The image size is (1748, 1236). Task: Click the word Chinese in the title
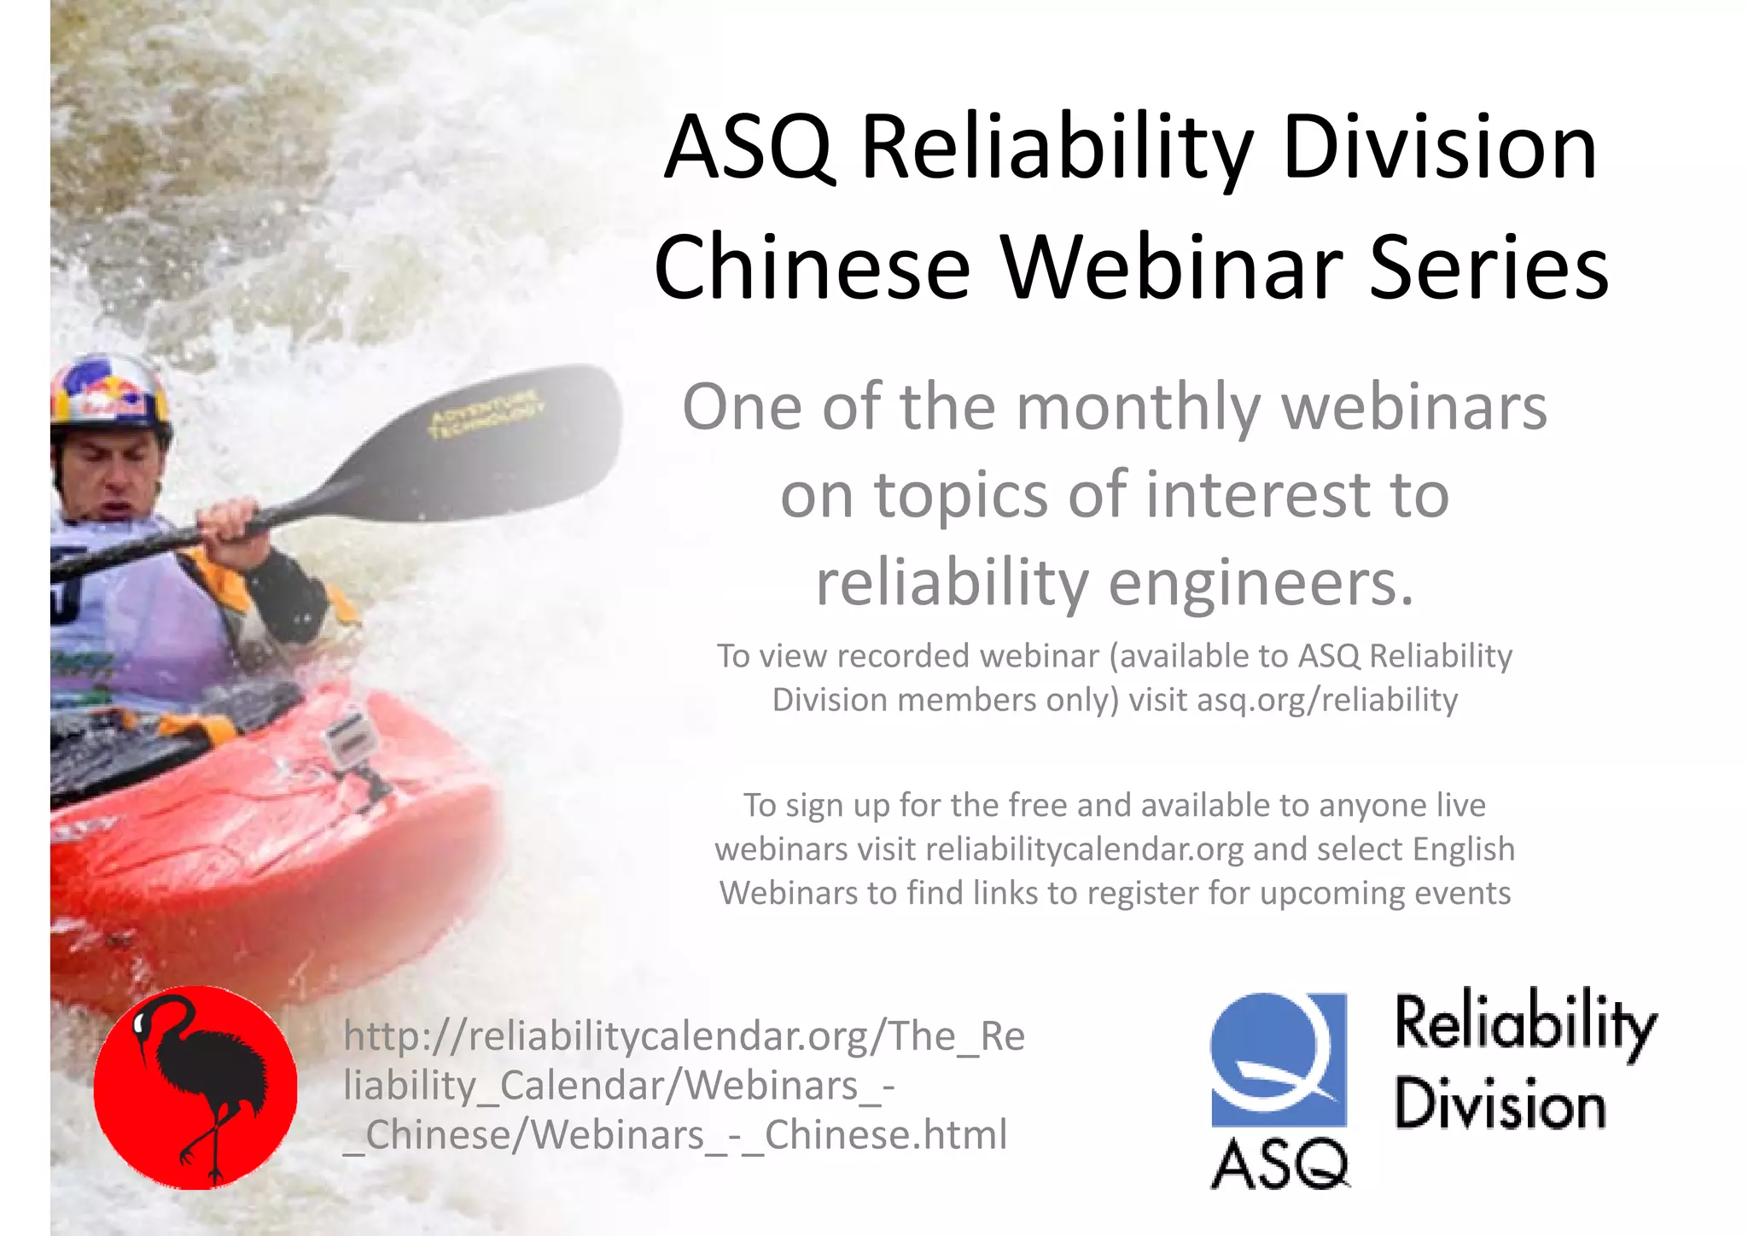coord(812,268)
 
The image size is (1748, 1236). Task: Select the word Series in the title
coord(1489,268)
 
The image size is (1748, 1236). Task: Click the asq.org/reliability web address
coord(1327,700)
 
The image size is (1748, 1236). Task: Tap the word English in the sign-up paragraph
coord(1463,849)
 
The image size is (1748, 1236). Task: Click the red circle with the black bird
coord(195,1087)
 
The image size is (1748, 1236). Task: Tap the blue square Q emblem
coord(1279,1058)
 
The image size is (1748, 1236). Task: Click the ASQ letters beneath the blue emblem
coord(1279,1164)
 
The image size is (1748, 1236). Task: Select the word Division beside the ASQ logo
coord(1500,1105)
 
